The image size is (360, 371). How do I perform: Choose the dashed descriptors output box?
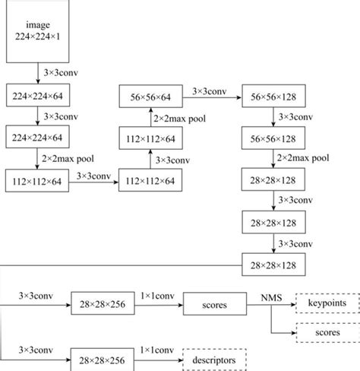tap(214, 357)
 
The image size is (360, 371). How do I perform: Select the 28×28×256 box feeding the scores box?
tap(103, 304)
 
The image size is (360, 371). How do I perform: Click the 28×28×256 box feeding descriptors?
tap(103, 357)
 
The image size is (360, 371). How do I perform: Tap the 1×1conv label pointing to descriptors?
tap(154, 348)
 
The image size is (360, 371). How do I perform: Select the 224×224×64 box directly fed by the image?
tap(36, 97)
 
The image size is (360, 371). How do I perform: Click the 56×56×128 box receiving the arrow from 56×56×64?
tap(273, 97)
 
